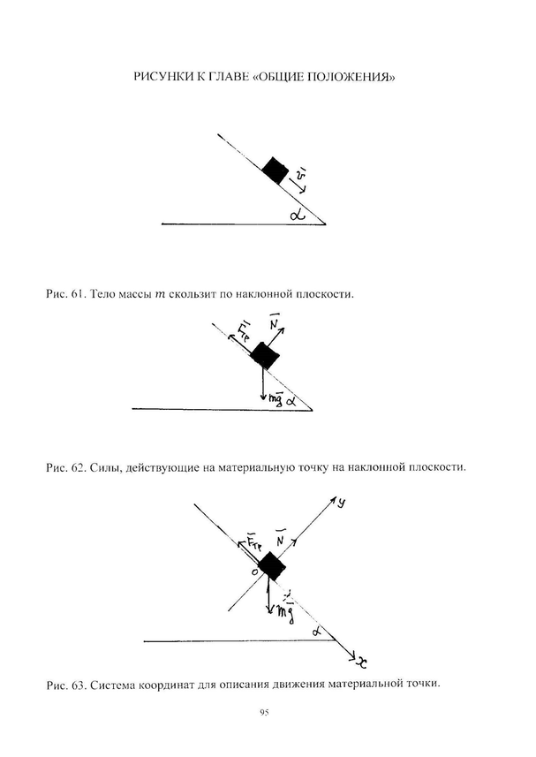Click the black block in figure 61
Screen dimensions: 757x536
tap(276, 170)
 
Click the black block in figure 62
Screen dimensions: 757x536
tap(264, 356)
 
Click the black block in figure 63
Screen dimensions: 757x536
tap(272, 564)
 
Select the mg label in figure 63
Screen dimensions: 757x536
tap(285, 609)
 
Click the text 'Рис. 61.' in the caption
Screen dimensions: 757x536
tap(61, 292)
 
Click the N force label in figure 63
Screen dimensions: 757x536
tap(280, 539)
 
